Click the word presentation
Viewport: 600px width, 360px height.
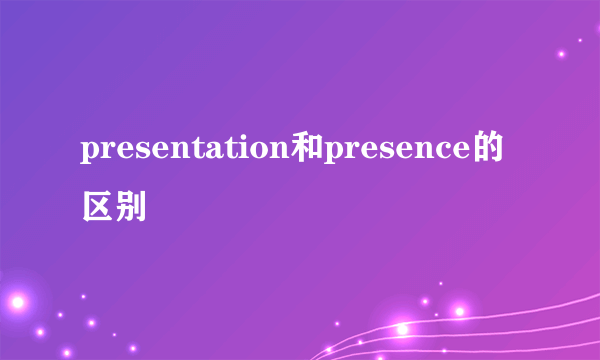pyautogui.click(x=185, y=153)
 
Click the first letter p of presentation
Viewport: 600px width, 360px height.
pyautogui.click(x=89, y=156)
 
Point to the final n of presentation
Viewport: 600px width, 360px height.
pyautogui.click(x=281, y=153)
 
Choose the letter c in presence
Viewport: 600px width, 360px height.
pyautogui.click(x=446, y=153)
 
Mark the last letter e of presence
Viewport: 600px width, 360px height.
pyautogui.click(x=463, y=153)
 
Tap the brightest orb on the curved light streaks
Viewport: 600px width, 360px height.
pyautogui.click(x=401, y=328)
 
